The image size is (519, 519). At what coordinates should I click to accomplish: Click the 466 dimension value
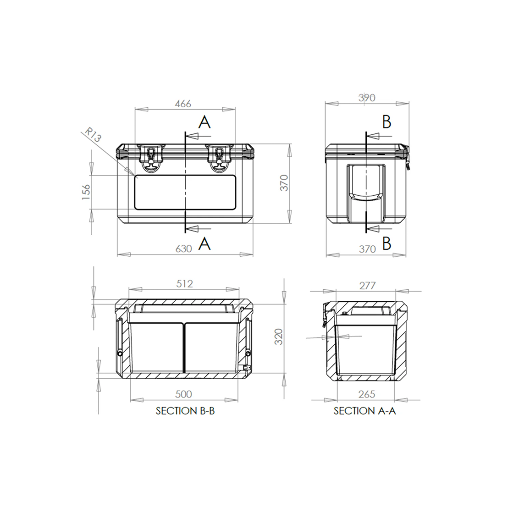pyautogui.click(x=183, y=104)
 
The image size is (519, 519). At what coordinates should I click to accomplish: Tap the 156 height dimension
pyautogui.click(x=86, y=192)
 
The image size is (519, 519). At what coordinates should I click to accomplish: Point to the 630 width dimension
pyautogui.click(x=184, y=248)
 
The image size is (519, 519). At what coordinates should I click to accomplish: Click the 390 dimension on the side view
pyautogui.click(x=367, y=98)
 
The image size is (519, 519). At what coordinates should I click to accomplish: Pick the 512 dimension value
pyautogui.click(x=184, y=284)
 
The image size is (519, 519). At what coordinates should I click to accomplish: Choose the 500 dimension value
pyautogui.click(x=183, y=394)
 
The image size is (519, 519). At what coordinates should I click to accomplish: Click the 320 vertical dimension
pyautogui.click(x=279, y=337)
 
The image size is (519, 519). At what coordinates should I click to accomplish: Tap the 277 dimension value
pyautogui.click(x=367, y=285)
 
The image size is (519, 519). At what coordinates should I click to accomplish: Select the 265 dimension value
pyautogui.click(x=367, y=394)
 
